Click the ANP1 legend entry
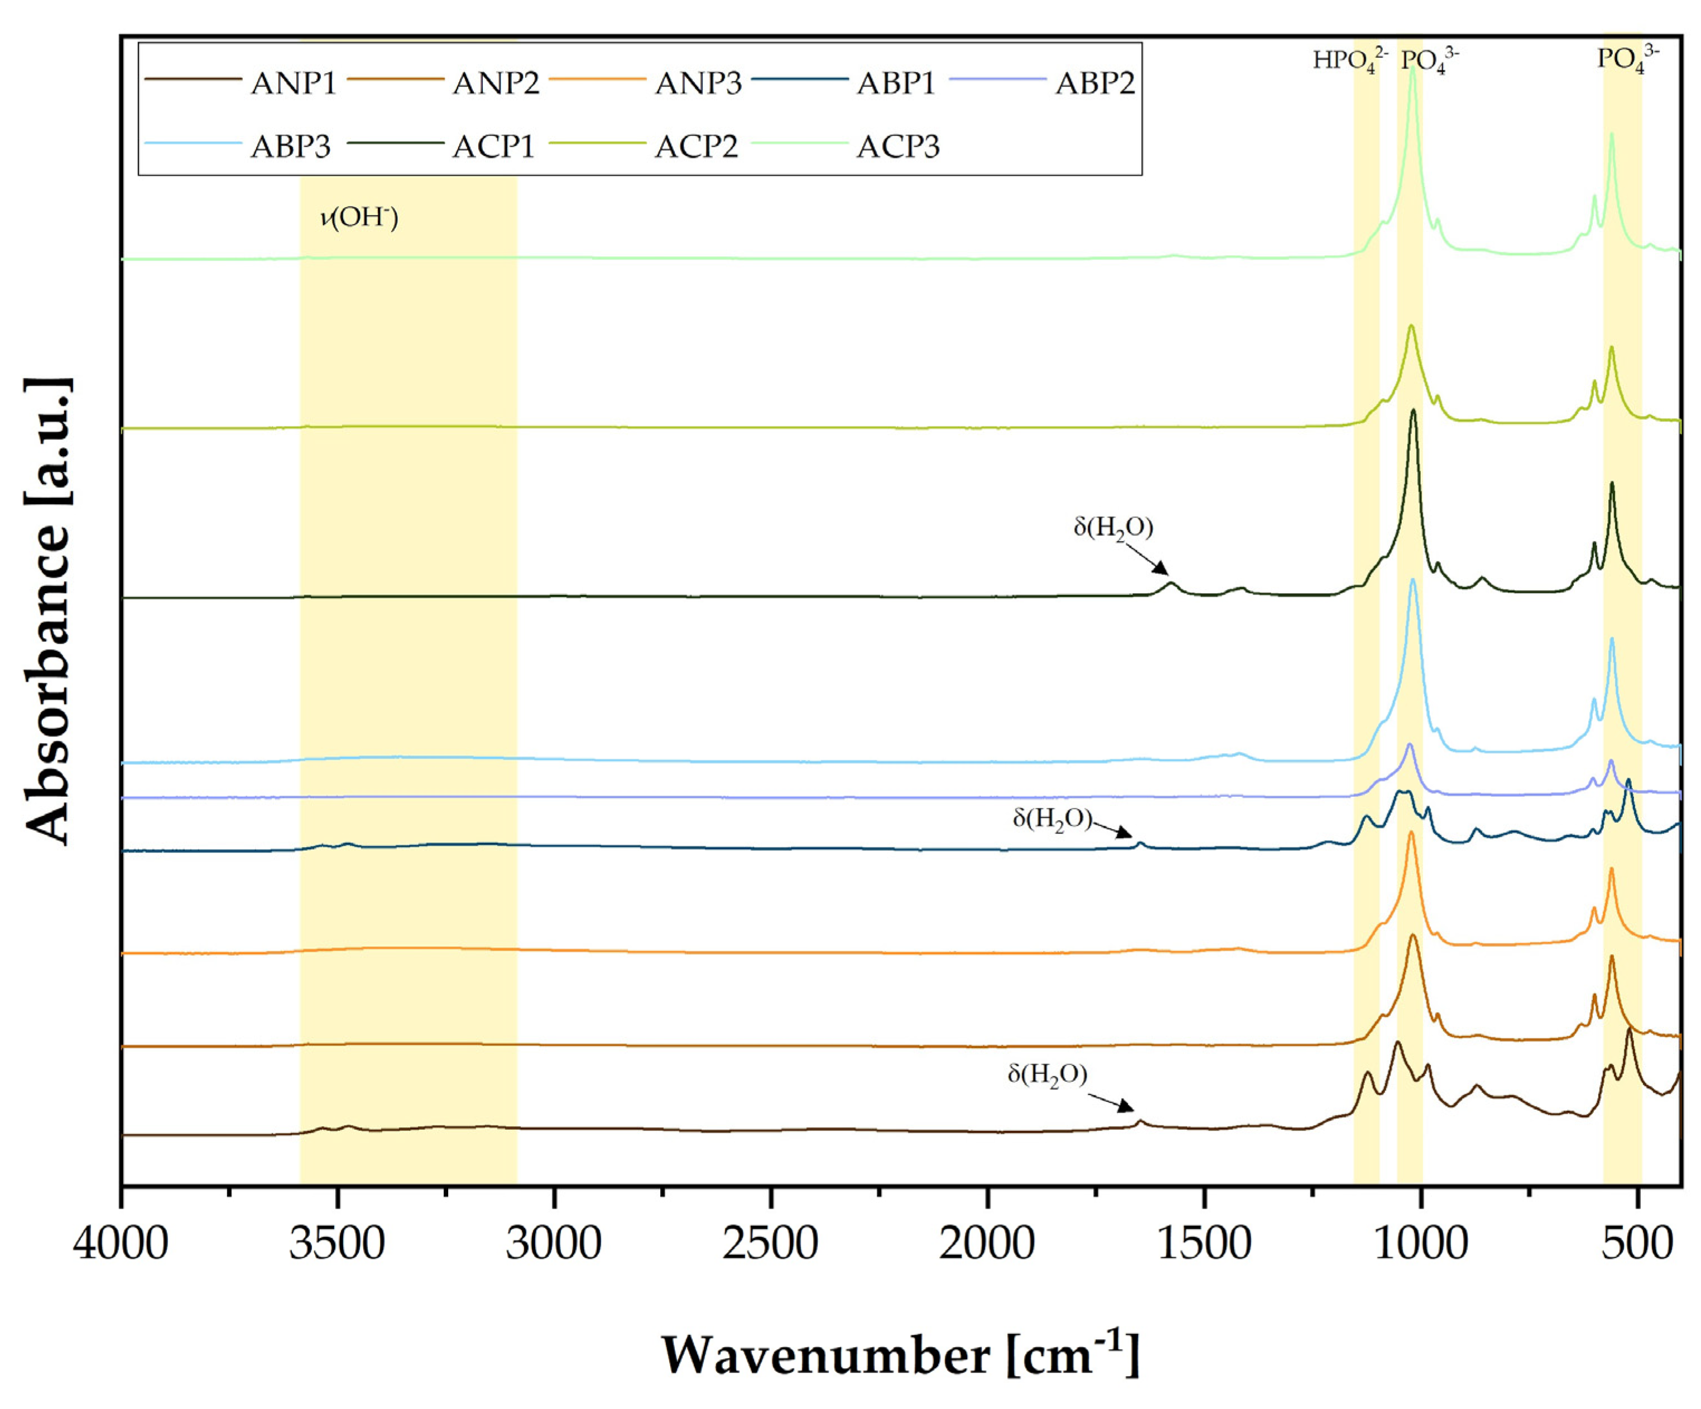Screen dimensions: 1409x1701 (x=292, y=83)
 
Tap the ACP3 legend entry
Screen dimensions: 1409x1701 (x=897, y=147)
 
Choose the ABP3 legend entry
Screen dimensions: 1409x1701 (x=291, y=147)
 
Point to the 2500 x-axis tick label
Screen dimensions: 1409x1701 (x=770, y=1243)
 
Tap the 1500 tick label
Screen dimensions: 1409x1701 (x=1204, y=1243)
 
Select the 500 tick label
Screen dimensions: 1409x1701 (x=1636, y=1243)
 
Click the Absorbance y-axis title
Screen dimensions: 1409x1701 (x=49, y=612)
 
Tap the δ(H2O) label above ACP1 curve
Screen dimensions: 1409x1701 (x=1113, y=528)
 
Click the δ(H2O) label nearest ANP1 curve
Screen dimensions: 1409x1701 (x=1046, y=1075)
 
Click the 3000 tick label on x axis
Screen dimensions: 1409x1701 (x=554, y=1243)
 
